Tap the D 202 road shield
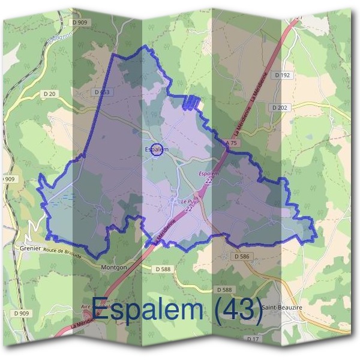tap(279, 107)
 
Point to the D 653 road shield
tap(102, 92)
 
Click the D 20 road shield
tap(49, 94)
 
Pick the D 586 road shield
tap(241, 256)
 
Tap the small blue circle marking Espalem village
tap(157, 149)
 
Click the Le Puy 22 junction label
tap(189, 205)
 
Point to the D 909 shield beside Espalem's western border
tap(7, 179)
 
